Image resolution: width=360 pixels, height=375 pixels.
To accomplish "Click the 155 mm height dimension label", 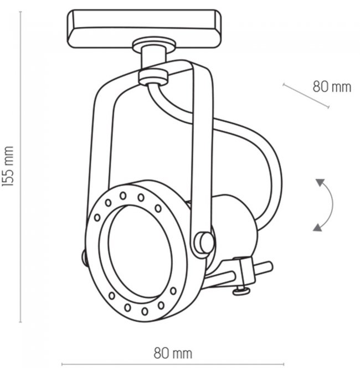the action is click(7, 166).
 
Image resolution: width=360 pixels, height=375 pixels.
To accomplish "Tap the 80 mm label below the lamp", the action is click(173, 353).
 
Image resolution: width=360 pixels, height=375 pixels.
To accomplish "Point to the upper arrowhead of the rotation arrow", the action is click(320, 182).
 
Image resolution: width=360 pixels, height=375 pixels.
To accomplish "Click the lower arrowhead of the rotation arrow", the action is click(318, 228).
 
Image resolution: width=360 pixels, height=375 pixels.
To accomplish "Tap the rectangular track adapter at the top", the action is click(144, 28).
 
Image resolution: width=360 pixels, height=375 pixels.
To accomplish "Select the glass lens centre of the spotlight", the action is click(140, 251).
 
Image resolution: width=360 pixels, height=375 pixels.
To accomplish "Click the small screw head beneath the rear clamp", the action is click(241, 291).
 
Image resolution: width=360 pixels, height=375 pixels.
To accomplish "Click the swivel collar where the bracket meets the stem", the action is click(153, 77).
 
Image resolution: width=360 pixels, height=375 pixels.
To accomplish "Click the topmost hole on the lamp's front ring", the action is click(123, 196).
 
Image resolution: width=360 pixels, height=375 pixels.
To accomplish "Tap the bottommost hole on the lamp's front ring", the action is click(145, 311).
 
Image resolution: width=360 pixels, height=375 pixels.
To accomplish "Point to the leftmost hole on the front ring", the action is click(97, 218).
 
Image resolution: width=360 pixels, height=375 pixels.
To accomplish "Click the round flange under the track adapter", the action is click(154, 45).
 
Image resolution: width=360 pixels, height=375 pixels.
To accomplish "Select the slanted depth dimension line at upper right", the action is click(306, 96).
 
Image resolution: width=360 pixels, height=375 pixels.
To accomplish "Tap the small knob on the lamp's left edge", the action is click(84, 258).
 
